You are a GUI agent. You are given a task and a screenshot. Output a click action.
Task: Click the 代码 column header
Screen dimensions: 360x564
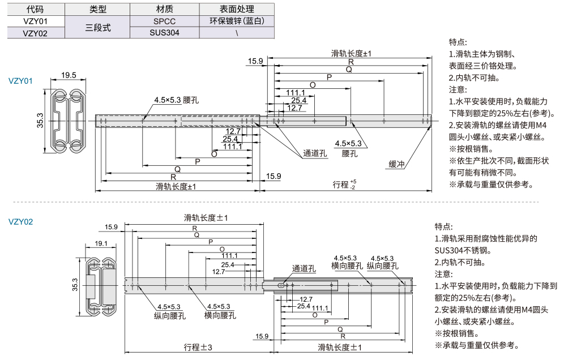coord(35,9)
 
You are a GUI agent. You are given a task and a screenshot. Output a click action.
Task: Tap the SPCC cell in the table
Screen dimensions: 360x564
coord(165,21)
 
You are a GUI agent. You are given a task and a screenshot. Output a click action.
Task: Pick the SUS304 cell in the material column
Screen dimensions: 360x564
coord(165,33)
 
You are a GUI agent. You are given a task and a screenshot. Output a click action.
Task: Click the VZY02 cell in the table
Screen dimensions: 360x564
coord(35,33)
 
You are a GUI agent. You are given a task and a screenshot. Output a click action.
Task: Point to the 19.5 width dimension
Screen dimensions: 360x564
coord(69,75)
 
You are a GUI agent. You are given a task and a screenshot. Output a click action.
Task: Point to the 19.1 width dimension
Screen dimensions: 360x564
coord(101,243)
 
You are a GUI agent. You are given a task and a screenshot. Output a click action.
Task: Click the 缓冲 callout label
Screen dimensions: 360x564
coord(396,164)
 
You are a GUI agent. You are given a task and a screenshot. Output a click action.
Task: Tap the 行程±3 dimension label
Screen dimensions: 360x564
coord(198,346)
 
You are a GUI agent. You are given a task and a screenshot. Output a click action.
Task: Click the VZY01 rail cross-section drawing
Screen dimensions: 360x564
coord(69,121)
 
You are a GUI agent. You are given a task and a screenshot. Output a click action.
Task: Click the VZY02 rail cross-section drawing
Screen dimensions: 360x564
coord(102,288)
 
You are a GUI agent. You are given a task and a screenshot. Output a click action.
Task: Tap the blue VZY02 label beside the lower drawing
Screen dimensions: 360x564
coord(21,222)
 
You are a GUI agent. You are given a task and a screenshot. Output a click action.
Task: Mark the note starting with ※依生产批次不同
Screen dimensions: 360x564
coord(498,161)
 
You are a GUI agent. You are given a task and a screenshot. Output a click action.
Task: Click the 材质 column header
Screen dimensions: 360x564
coord(165,9)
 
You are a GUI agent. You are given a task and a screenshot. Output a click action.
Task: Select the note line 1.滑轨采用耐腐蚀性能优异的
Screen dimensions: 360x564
coord(485,238)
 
